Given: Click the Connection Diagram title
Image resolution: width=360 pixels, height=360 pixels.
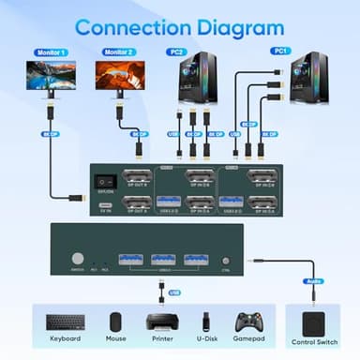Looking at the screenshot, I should point(179,25).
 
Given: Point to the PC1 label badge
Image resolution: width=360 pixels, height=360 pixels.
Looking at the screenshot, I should point(279,51).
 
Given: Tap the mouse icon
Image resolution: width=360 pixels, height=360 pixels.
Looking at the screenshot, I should point(115,322).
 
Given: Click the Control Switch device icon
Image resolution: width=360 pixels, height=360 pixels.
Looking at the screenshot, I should point(313,322).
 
